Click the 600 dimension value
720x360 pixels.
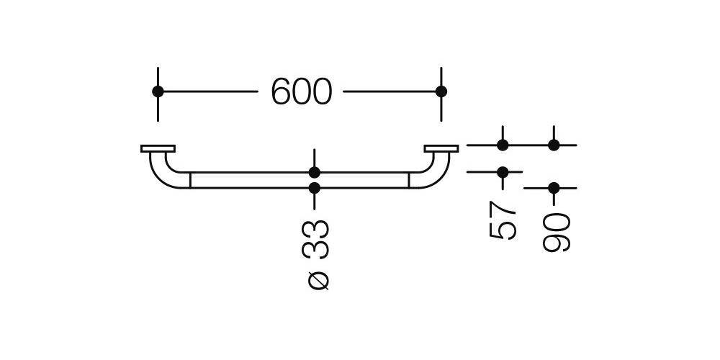point(301,91)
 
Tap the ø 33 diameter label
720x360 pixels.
point(315,256)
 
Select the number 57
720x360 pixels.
point(503,220)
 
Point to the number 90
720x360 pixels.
point(556,233)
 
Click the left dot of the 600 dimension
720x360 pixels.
point(158,91)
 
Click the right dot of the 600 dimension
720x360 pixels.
point(441,91)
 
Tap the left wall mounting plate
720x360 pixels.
point(158,148)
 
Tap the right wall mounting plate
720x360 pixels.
point(441,148)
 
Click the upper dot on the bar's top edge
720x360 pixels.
point(315,173)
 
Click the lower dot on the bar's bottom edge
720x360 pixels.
point(315,188)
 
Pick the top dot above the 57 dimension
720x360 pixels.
point(503,145)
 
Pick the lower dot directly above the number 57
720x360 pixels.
point(503,172)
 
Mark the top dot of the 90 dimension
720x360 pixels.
point(554,145)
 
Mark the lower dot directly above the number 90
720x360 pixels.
point(554,188)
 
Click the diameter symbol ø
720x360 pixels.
point(318,281)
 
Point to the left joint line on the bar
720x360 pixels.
point(190,181)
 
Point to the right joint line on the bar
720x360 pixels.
point(409,181)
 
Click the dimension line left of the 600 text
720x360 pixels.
point(208,91)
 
